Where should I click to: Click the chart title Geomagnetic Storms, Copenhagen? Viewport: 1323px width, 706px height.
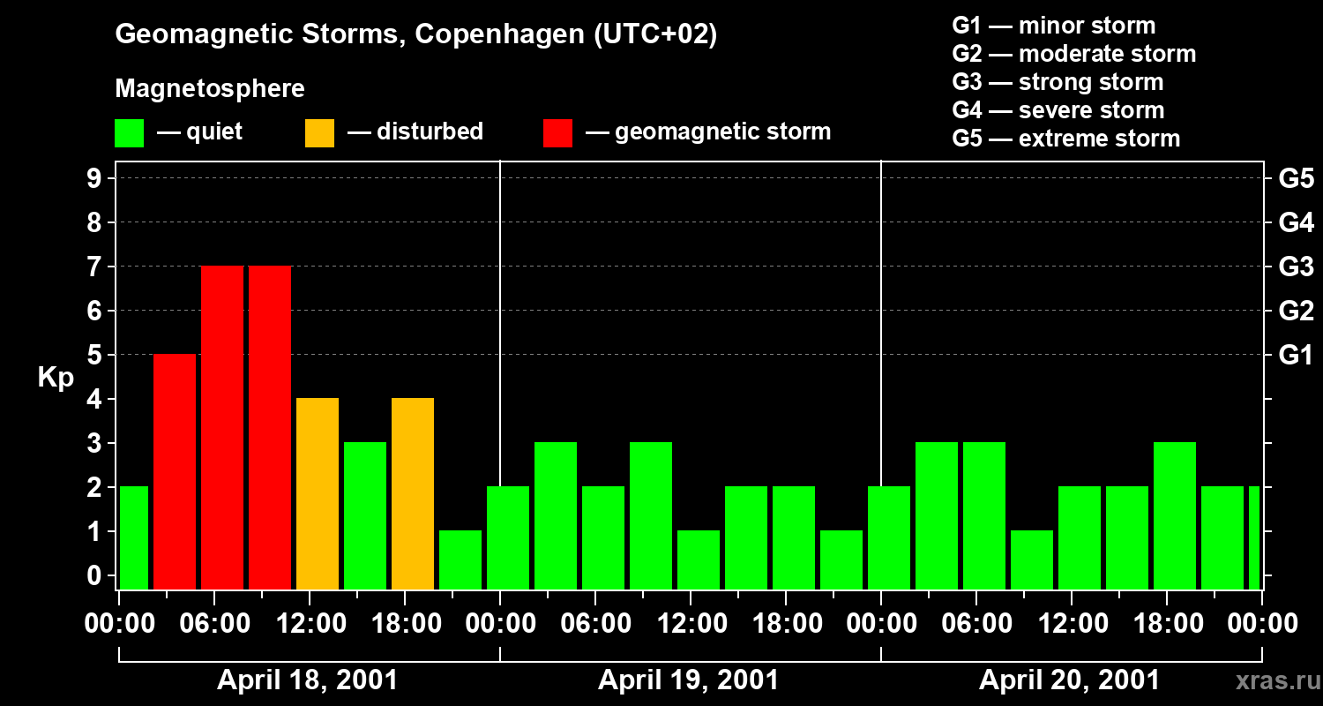click(415, 34)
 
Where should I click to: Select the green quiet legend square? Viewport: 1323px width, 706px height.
click(130, 133)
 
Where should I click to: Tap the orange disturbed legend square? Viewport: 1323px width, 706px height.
click(319, 133)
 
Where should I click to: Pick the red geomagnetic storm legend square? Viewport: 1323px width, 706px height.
click(557, 133)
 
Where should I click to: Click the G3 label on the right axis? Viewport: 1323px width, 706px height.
click(1296, 267)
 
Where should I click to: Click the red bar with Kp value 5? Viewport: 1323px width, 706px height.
click(175, 471)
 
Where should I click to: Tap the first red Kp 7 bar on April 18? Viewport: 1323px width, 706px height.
click(222, 427)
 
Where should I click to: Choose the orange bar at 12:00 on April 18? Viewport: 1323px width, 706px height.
click(318, 493)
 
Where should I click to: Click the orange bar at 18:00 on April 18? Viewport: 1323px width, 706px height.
click(413, 493)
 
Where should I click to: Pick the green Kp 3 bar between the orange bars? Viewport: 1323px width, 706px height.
click(365, 515)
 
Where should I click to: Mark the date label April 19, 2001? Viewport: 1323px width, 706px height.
click(688, 680)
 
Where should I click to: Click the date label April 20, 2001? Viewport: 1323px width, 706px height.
click(1069, 680)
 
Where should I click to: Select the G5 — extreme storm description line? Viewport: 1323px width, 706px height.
click(1065, 139)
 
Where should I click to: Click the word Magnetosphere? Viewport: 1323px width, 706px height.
click(210, 89)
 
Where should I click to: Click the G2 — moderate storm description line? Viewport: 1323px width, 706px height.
click(1073, 54)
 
